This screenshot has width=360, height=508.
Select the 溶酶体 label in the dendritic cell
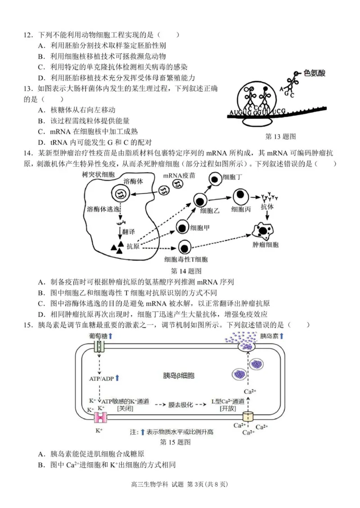(133, 180)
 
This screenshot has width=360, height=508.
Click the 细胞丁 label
(233, 177)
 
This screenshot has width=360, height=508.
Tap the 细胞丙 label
(241, 209)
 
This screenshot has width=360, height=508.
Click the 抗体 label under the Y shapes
(267, 207)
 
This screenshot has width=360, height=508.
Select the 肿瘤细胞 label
(265, 245)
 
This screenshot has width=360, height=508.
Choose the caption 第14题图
(186, 271)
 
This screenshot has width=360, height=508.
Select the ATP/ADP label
(101, 378)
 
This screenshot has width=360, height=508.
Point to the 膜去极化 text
(180, 405)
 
